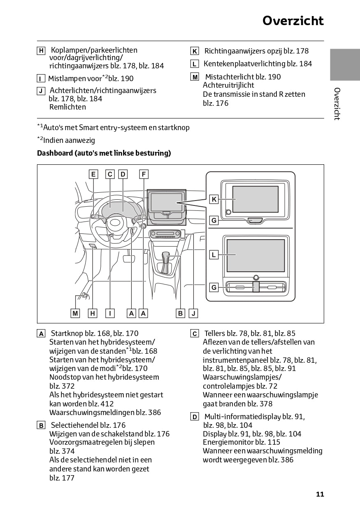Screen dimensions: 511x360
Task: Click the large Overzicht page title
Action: (293, 21)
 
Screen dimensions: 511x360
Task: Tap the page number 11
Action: (320, 494)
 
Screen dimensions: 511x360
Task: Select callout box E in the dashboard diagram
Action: (93, 174)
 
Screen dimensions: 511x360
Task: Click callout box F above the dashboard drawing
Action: (144, 174)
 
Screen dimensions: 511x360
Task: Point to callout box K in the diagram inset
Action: (214, 200)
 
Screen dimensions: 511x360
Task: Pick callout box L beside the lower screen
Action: (214, 255)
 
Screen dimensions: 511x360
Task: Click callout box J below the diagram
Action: (193, 313)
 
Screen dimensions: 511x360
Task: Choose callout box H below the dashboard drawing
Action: (93, 313)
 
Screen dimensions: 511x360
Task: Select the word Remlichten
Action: (67, 107)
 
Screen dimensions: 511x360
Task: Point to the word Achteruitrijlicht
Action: (228, 85)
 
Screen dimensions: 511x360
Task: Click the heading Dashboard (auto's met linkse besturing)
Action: (104, 153)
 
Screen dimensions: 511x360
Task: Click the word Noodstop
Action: (63, 377)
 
